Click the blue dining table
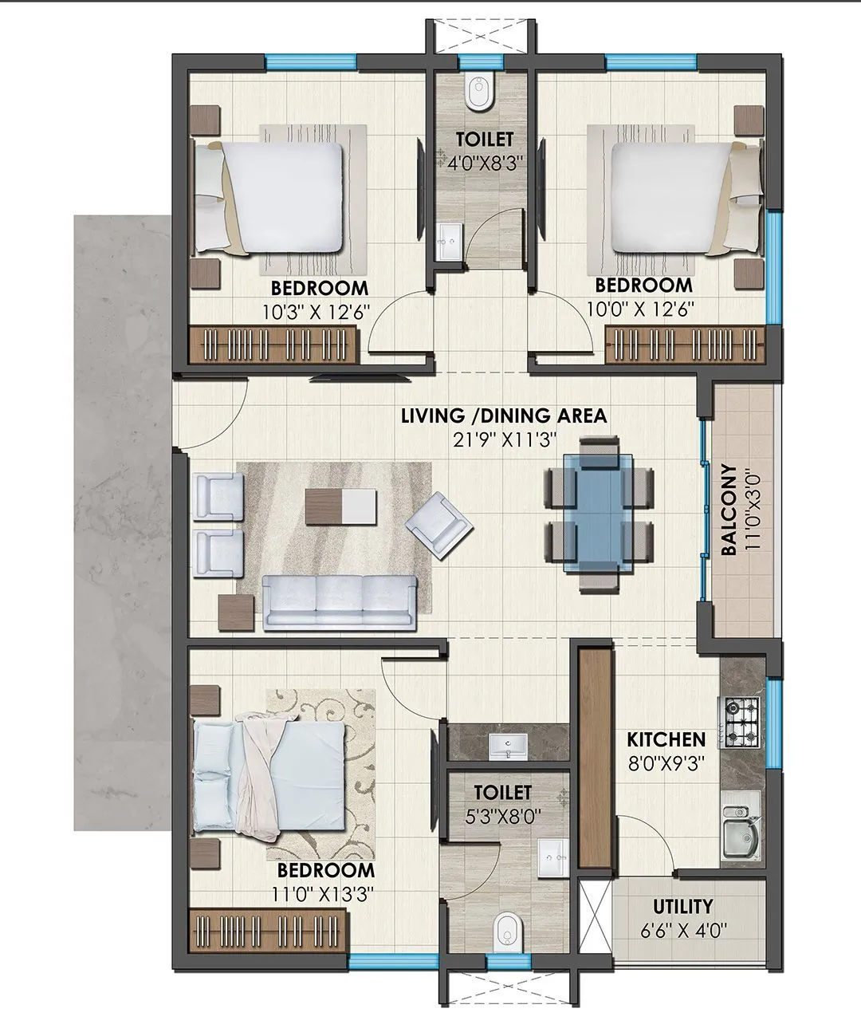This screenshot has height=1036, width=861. click(599, 513)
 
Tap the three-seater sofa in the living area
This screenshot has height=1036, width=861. click(340, 601)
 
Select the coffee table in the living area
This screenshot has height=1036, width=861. click(340, 506)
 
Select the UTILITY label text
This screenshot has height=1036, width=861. click(682, 906)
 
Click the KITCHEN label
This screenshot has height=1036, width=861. click(666, 739)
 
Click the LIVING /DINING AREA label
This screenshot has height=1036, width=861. click(503, 416)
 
